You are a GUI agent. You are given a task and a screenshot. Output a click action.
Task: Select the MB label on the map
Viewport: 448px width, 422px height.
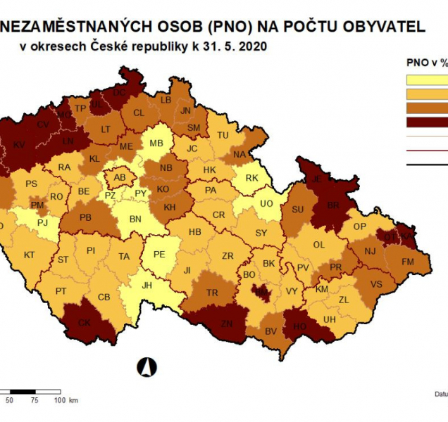(x=157, y=144)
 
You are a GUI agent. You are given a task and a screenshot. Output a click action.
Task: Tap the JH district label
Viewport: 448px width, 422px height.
(x=146, y=286)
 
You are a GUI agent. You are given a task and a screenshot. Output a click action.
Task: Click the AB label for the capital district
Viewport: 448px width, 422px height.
(x=120, y=177)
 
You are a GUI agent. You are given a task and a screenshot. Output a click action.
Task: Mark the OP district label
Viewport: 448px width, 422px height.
(x=360, y=226)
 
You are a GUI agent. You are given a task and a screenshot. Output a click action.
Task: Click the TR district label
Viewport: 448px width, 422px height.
(x=213, y=293)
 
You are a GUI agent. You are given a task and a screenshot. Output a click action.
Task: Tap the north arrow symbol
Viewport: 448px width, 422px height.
(x=147, y=366)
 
